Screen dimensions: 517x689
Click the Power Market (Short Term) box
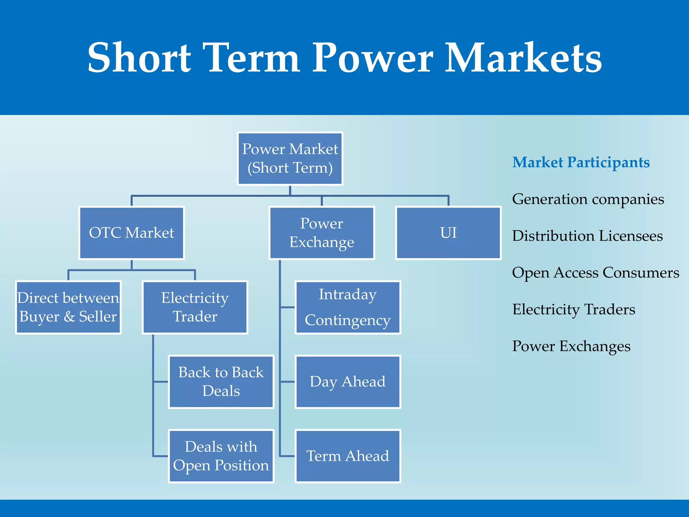(x=290, y=159)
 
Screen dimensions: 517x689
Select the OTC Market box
(x=132, y=233)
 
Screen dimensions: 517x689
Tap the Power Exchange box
(x=322, y=233)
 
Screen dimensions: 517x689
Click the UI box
(x=448, y=233)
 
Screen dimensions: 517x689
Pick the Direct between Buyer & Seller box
(x=68, y=307)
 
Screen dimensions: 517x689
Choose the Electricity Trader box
(x=195, y=307)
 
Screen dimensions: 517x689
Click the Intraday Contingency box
(x=348, y=307)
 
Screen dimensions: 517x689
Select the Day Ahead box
(x=348, y=382)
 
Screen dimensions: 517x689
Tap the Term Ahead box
(x=348, y=456)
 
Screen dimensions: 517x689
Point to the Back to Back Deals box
(x=221, y=382)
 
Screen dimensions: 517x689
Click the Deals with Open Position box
(x=221, y=456)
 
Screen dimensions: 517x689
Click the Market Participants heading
(x=581, y=163)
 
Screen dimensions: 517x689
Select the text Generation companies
(x=588, y=199)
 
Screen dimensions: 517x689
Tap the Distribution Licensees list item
(x=587, y=236)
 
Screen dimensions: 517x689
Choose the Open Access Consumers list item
(x=595, y=273)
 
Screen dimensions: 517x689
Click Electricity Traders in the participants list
(x=574, y=309)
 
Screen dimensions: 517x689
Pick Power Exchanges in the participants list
(x=571, y=346)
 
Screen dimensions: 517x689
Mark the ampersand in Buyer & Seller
(x=69, y=317)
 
